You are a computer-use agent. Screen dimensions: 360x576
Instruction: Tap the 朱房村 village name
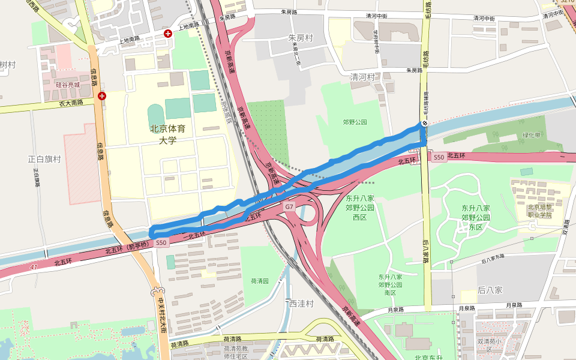pos(301,38)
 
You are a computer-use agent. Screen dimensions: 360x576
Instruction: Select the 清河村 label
pos(362,77)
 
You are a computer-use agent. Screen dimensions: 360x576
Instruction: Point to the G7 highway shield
pos(289,206)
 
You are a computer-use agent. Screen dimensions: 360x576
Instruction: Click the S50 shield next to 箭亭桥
pos(161,243)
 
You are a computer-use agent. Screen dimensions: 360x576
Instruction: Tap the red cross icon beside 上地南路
pos(167,34)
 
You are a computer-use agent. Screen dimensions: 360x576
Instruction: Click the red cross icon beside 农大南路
pos(103,95)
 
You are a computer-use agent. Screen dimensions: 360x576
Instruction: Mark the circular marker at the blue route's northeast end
pos(424,123)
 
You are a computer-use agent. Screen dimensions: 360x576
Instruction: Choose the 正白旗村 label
pos(44,159)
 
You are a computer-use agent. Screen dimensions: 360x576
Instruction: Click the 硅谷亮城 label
pos(68,85)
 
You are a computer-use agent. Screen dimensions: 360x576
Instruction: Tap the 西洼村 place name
pos(301,304)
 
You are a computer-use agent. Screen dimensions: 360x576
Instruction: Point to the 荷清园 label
pos(260,280)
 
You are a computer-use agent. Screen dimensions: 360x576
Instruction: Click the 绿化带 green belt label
pos(532,135)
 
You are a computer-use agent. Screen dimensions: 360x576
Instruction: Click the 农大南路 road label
pos(71,104)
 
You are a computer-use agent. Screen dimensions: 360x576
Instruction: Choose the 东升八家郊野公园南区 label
pos(390,284)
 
